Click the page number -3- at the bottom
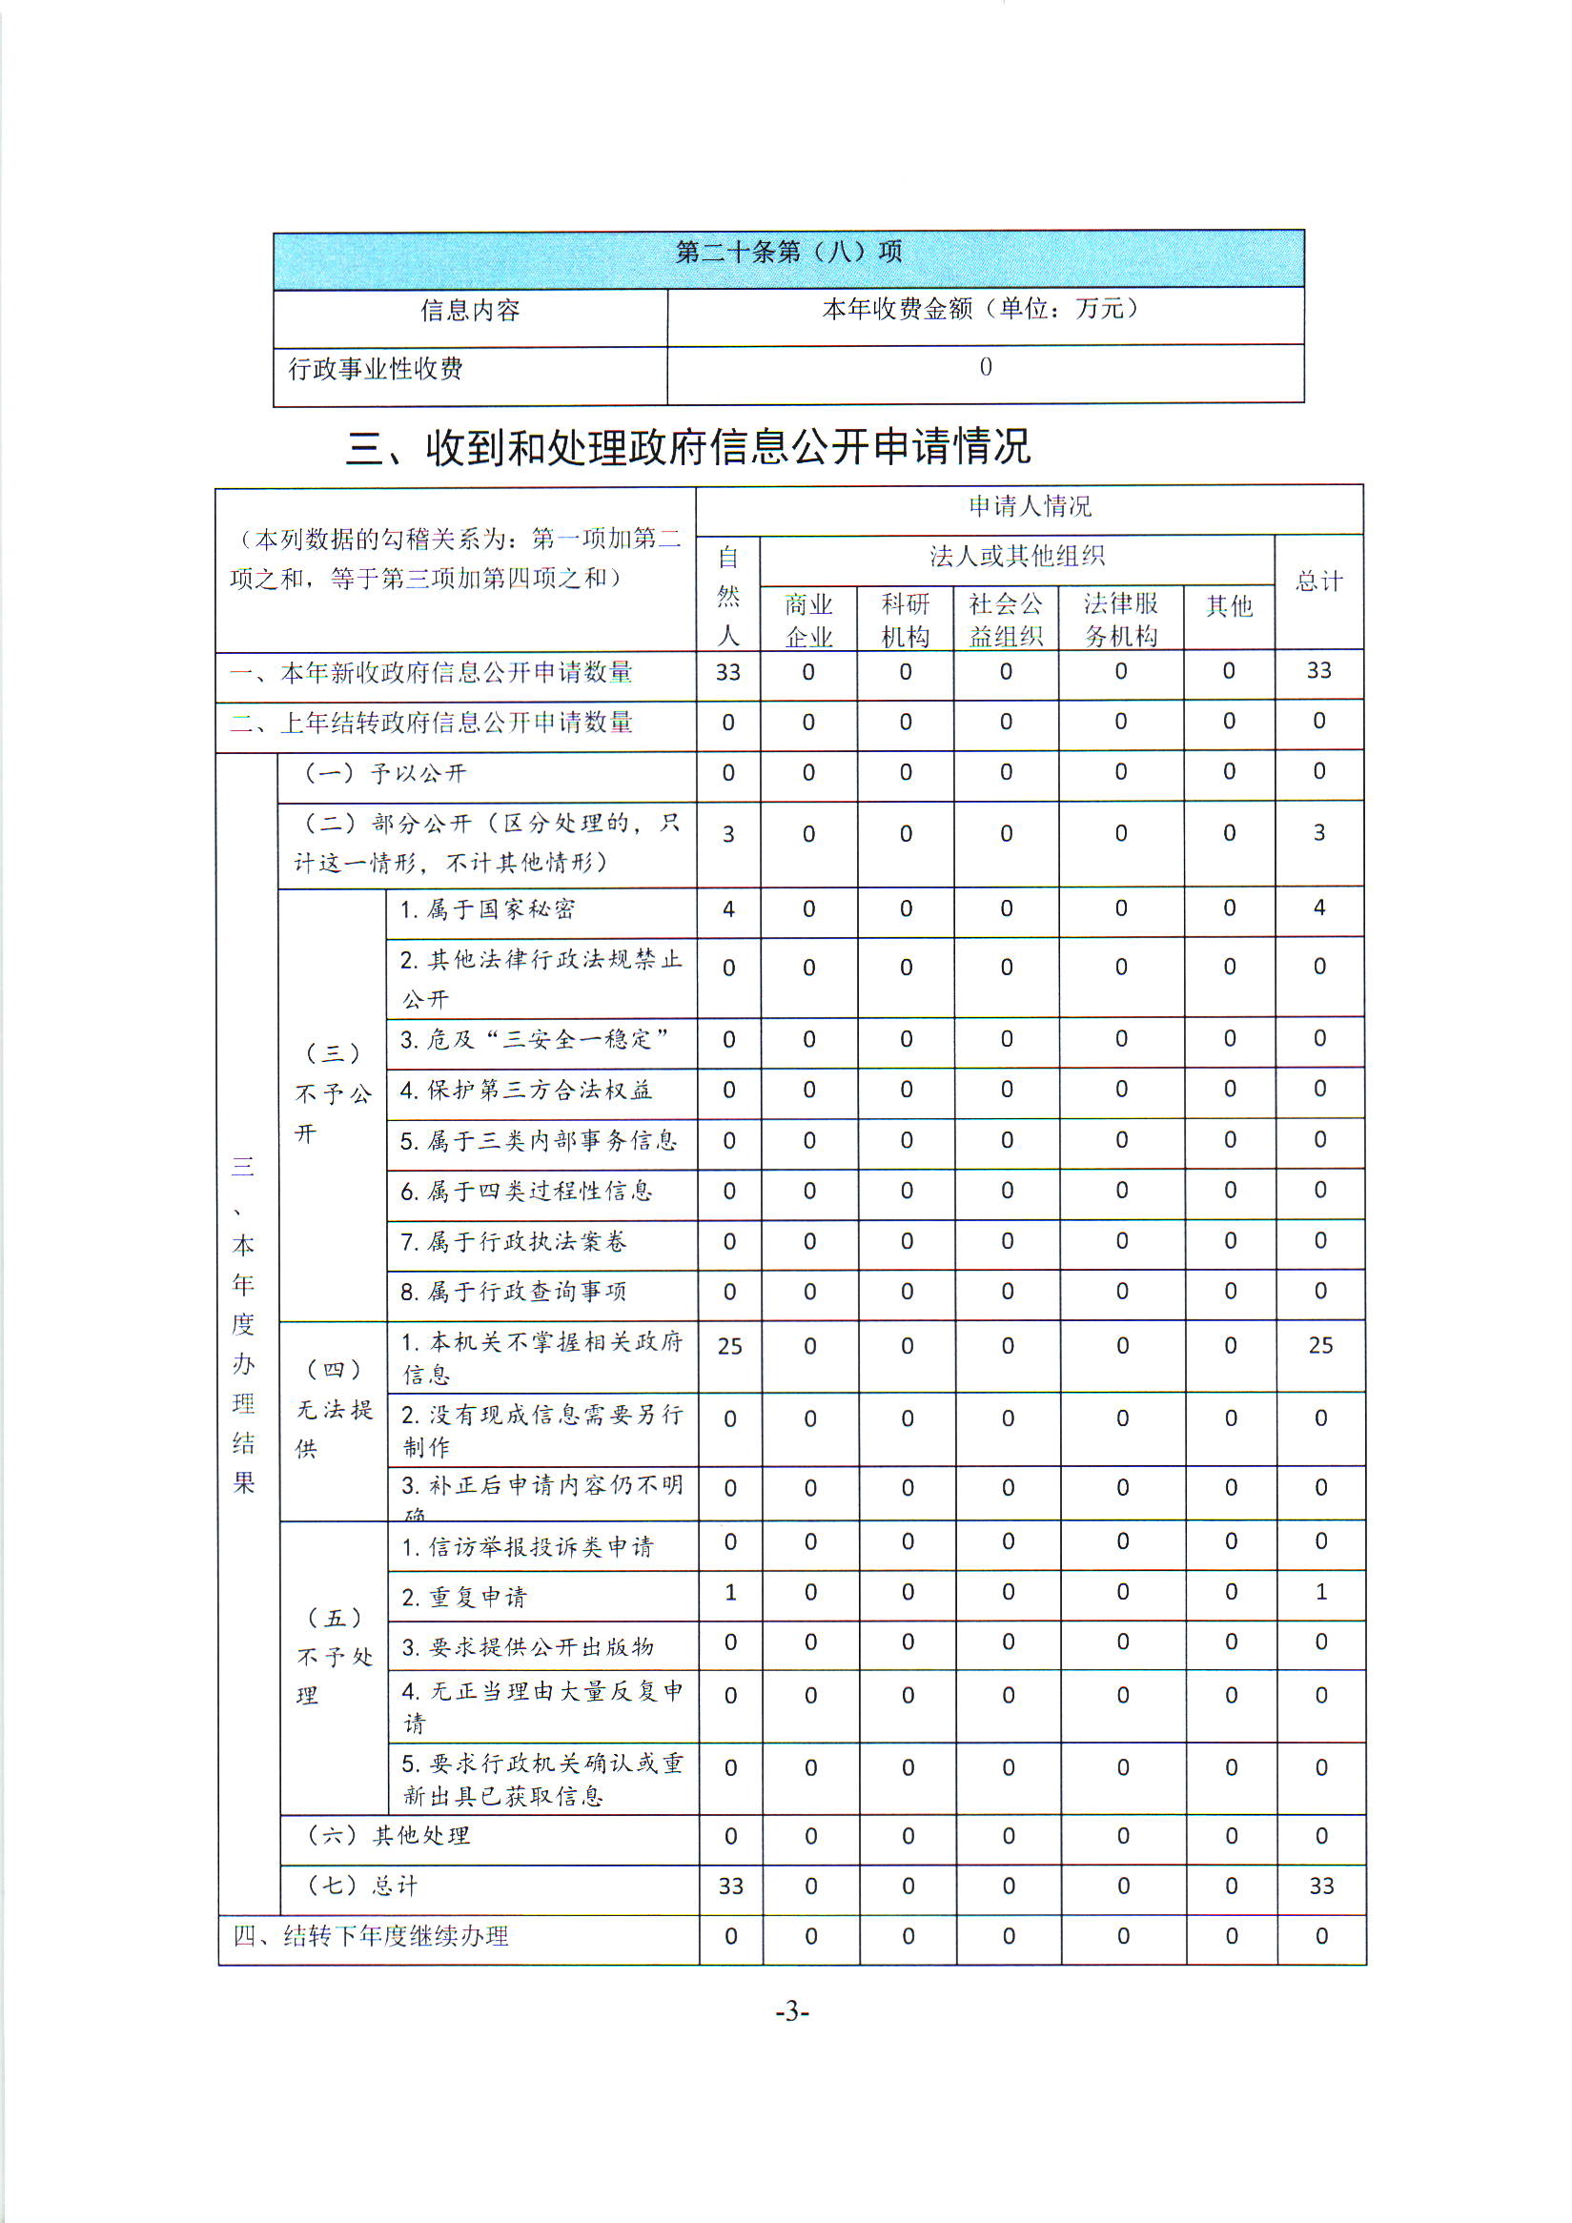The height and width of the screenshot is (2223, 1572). [x=791, y=2012]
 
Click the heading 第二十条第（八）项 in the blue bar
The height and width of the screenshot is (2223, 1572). [x=788, y=253]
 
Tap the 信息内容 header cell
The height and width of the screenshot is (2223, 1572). [x=469, y=311]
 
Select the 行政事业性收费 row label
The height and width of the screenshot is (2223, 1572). [x=376, y=369]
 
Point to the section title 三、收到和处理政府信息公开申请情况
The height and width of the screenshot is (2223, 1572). [x=688, y=447]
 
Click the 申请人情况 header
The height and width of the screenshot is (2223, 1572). [x=1029, y=506]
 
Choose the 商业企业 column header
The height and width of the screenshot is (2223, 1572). [x=808, y=621]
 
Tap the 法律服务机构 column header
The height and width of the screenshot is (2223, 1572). [x=1120, y=620]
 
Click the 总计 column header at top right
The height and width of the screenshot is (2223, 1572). [x=1318, y=581]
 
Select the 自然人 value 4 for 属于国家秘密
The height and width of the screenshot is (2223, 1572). [x=728, y=909]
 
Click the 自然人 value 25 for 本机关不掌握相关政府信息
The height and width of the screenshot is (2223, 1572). [x=729, y=1346]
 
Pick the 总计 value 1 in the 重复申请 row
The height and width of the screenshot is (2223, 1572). [x=1320, y=1592]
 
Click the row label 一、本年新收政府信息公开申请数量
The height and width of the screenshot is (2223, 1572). [x=431, y=673]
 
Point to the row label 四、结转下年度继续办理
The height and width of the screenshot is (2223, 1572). [x=371, y=1935]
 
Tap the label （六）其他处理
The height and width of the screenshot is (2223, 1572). [x=388, y=1835]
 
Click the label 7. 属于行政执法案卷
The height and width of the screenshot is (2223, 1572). [x=514, y=1241]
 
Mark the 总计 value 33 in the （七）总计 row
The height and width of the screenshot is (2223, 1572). [x=1320, y=1886]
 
